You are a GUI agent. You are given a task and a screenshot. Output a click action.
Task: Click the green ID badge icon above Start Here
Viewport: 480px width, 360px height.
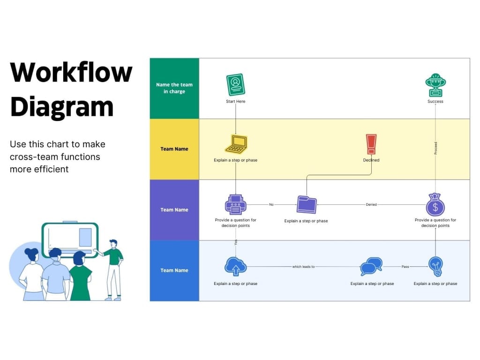coord(235,85)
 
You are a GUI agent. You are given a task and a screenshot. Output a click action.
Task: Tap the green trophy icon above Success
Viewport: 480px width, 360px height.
coord(435,85)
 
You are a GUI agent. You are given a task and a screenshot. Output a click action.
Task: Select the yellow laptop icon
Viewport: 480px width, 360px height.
coord(236,144)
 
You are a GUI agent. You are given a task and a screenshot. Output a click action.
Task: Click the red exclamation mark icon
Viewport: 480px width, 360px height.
coord(371,144)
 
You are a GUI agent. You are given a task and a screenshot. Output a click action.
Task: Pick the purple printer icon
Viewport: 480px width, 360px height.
coord(235,204)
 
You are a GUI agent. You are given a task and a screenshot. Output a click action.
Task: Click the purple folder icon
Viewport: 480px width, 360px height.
coord(307,204)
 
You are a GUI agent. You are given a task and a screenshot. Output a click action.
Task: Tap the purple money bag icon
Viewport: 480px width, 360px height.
coord(435,205)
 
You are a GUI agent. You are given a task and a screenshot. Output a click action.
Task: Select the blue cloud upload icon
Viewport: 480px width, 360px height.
coord(235,266)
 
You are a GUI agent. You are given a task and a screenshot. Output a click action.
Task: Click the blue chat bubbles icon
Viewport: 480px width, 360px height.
coord(371,266)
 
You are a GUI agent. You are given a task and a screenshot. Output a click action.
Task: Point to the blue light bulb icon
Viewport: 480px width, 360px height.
coord(435,266)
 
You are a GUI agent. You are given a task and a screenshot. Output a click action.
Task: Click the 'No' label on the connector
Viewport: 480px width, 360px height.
coord(271,204)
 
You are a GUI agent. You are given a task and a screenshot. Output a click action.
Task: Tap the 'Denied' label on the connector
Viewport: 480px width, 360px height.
coord(371,204)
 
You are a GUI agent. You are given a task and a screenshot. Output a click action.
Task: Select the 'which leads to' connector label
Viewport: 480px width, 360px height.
coord(303,267)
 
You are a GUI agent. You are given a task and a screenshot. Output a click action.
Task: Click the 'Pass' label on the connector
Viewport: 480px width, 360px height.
coord(405,267)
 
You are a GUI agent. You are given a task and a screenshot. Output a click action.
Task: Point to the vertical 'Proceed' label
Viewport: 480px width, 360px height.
coord(435,148)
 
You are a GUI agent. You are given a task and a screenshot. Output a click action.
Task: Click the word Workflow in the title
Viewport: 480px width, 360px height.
coord(71,73)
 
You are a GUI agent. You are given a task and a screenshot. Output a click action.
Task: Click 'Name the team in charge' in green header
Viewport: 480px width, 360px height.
coord(174,88)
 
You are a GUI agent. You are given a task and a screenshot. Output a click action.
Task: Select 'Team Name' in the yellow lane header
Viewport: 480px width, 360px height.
coord(174,149)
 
